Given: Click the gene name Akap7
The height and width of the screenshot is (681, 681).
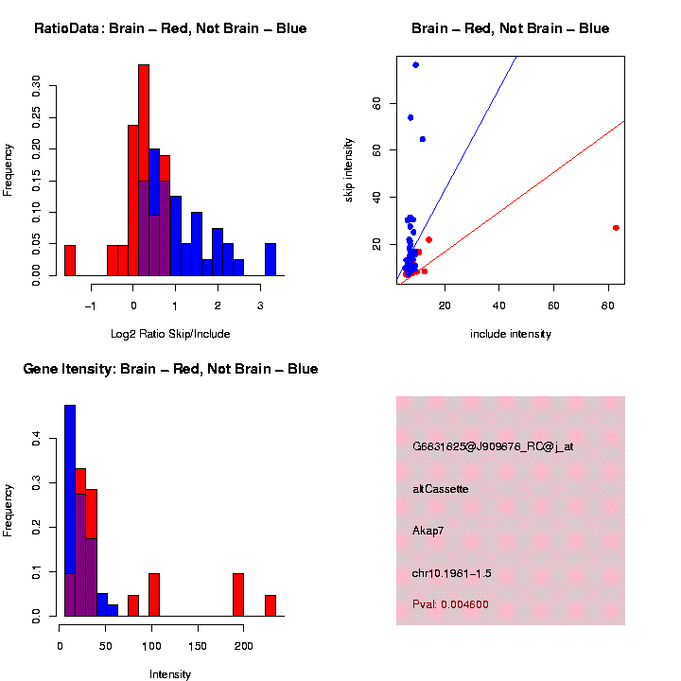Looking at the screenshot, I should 428,531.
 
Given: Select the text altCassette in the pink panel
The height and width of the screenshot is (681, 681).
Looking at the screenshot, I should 441,489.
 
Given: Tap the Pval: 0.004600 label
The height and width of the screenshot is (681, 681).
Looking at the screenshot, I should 450,604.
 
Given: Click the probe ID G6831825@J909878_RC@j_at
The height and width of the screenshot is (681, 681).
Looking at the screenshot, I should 493,446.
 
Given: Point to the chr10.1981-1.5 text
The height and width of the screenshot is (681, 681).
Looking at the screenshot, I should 452,573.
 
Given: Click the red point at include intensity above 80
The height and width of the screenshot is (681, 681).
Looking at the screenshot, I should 616,228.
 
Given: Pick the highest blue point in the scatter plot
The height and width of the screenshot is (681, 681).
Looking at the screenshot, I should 415,65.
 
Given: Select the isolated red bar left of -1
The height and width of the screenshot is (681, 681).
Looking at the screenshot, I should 69,260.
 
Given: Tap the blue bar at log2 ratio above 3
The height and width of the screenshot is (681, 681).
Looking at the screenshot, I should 271,259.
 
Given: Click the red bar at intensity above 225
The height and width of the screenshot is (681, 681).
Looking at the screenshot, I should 271,605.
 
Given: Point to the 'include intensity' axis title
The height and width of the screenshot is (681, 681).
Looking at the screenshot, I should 511,334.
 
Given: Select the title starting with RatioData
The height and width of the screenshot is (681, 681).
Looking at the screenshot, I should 170,29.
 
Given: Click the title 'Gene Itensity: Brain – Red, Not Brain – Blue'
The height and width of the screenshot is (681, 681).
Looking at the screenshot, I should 170,369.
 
